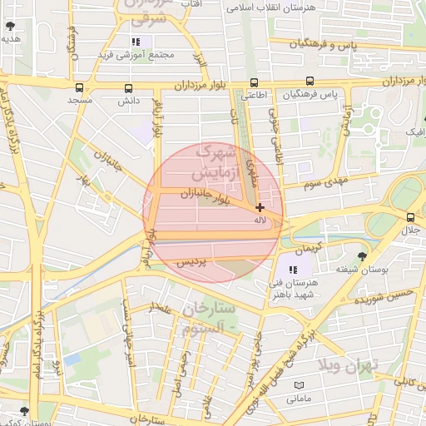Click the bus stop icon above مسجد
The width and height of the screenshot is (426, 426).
click(x=79, y=87)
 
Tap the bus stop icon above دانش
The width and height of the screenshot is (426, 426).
click(x=127, y=87)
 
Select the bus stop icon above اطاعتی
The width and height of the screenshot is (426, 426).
click(x=254, y=82)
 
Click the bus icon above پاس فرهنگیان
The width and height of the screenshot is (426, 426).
click(x=310, y=82)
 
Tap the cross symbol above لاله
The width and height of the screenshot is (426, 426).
click(x=260, y=207)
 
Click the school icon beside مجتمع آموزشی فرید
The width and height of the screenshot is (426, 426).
click(x=136, y=42)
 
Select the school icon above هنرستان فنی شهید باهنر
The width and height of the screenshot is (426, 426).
click(x=292, y=269)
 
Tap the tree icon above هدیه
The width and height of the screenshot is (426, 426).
click(x=10, y=26)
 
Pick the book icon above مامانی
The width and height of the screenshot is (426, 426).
click(x=299, y=385)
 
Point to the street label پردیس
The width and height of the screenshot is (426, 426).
click(x=192, y=262)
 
